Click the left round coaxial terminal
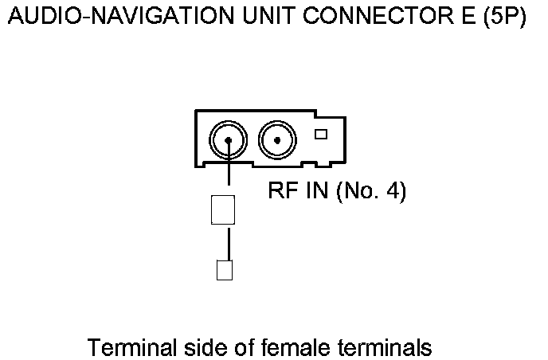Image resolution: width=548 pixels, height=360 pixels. (x=229, y=142)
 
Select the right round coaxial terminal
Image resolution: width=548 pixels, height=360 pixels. (x=276, y=142)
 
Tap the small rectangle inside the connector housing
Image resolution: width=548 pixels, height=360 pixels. (x=321, y=134)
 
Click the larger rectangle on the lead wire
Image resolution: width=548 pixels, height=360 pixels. (x=223, y=210)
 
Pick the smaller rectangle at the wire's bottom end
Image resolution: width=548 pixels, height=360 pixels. (x=224, y=270)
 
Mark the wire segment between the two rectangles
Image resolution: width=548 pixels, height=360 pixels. (x=229, y=243)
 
